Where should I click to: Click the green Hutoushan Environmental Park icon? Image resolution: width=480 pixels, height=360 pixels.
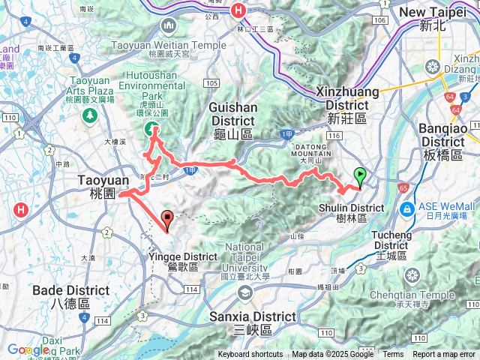[151, 129]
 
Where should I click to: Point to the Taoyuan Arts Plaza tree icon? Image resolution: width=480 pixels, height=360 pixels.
[90, 115]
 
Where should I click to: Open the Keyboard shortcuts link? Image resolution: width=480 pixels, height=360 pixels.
[250, 355]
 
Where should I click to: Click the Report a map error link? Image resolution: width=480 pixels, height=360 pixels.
[445, 355]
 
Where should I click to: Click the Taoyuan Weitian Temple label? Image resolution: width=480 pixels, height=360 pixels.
[168, 45]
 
